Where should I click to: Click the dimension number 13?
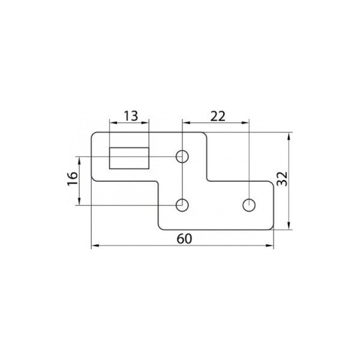[131, 116]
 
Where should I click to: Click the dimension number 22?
[218, 116]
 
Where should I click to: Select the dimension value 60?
[184, 239]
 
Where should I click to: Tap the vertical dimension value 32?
[283, 179]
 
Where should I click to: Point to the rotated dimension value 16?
[73, 179]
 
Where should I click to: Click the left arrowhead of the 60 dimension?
[95, 245]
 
